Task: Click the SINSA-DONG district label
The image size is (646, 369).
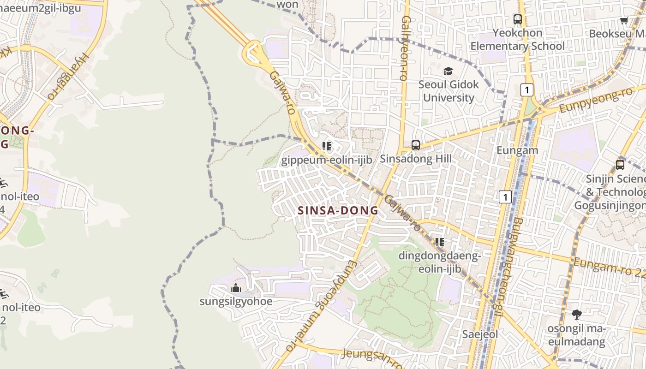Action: coord(338,211)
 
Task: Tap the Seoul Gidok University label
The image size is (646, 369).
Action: coord(449,91)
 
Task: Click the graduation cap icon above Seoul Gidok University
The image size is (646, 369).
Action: coord(448,71)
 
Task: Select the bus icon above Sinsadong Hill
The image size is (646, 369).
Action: coord(416,145)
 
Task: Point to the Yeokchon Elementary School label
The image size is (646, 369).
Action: coord(517,39)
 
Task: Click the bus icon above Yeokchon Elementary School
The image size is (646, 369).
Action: coord(518,19)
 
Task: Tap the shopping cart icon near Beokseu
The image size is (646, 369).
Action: coord(624,20)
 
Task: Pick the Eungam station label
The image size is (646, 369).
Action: coord(517,150)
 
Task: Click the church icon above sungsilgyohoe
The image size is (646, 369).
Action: coord(236,288)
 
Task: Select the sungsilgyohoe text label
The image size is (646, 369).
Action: coord(236,302)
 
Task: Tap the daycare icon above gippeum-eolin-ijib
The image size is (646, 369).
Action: coord(327,147)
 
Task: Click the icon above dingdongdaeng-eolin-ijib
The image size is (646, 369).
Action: coord(439,242)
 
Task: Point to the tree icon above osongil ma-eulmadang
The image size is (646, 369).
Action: coord(576,315)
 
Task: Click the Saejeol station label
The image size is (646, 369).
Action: coord(480,334)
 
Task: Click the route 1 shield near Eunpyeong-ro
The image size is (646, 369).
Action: coord(526,89)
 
